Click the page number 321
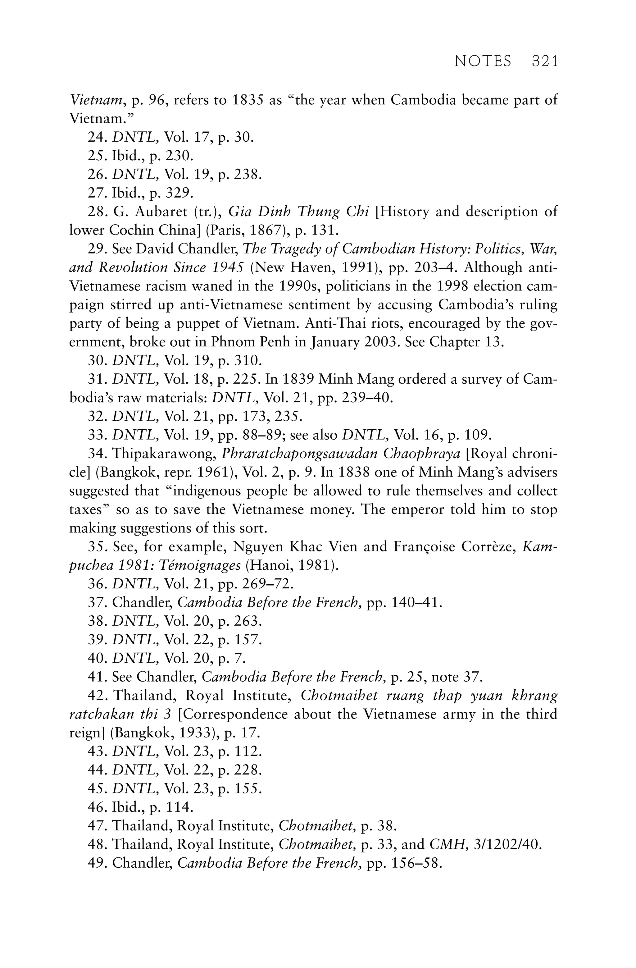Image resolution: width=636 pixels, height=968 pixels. (545, 62)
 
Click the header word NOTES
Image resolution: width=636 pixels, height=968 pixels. (483, 62)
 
